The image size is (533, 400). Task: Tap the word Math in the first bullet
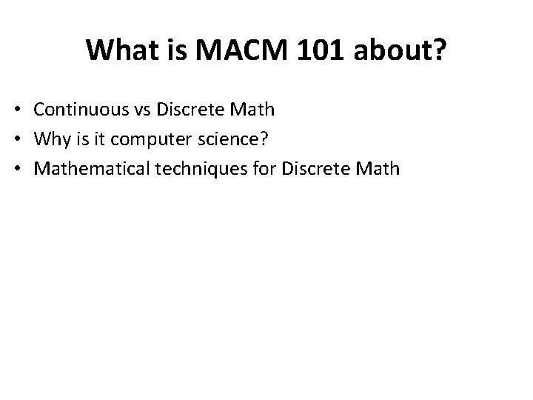[255, 110]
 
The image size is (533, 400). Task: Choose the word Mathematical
[88, 169]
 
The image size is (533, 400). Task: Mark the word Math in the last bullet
[380, 169]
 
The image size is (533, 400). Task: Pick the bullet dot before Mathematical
[23, 170]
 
